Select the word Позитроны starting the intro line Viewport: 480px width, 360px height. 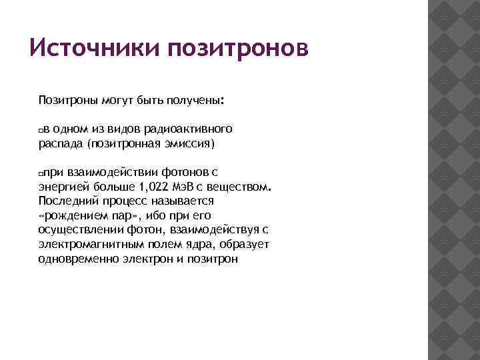67,101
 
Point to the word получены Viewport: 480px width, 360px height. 199,101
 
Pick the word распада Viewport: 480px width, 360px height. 61,143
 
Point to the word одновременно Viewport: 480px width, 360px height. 79,259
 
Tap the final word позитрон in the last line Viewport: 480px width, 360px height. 209,259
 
